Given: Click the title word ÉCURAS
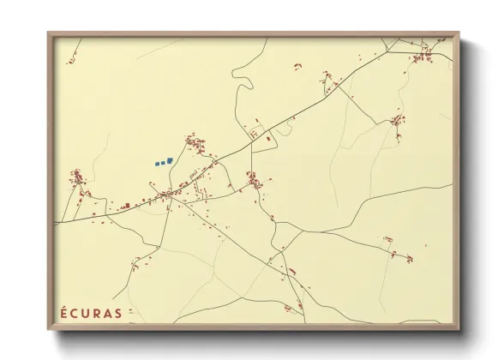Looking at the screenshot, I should [90, 312].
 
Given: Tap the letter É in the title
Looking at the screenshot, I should [63, 312].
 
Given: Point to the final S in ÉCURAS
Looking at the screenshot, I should [117, 312].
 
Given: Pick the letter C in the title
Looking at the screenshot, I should [74, 312].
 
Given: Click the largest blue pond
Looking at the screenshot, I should [169, 159].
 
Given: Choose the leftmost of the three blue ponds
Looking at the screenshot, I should [157, 163].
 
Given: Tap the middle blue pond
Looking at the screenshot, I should [162, 161].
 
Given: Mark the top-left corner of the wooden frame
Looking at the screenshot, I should [49, 33].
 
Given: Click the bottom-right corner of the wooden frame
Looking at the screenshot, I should [459, 329].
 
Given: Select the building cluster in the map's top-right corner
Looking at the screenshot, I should [422, 57].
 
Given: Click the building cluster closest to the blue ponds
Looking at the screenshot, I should [195, 143].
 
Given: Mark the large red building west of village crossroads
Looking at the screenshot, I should [126, 206].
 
